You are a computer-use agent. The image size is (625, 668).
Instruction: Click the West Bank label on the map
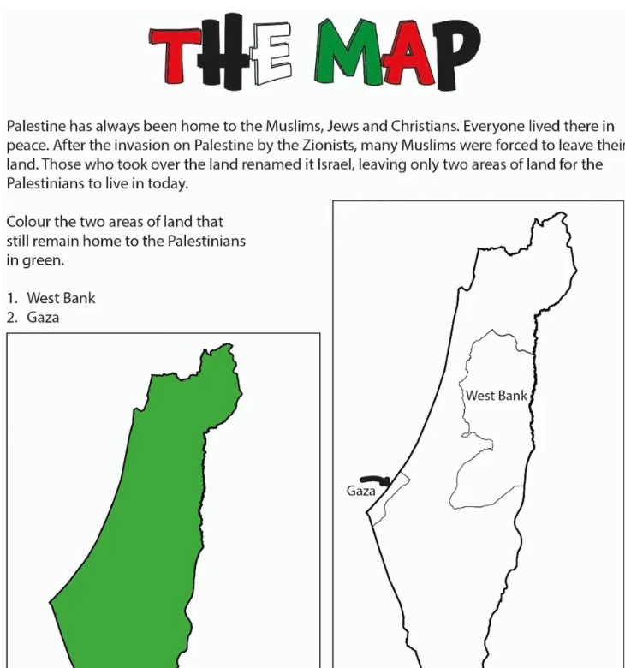coord(496,396)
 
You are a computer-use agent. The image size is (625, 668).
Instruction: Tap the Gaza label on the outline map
coord(360,491)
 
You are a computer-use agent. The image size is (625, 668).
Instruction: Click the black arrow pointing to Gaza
coord(375,480)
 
